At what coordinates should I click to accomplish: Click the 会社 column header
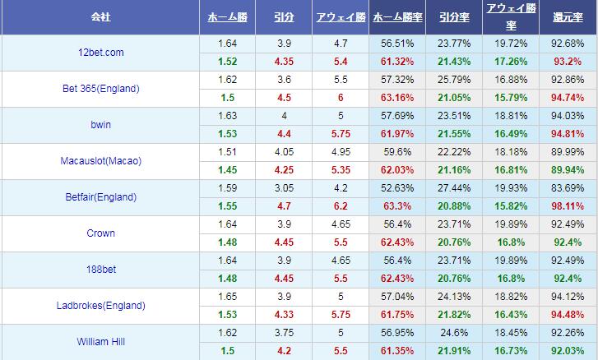pyautogui.click(x=100, y=16)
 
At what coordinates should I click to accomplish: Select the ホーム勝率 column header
pyautogui.click(x=397, y=16)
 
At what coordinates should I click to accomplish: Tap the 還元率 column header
pyautogui.click(x=568, y=16)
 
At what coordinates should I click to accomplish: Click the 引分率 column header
pyautogui.click(x=454, y=16)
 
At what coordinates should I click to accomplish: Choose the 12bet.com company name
pyautogui.click(x=100, y=53)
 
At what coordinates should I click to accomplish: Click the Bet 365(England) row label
pyautogui.click(x=100, y=89)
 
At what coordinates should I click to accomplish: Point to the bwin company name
pyautogui.click(x=100, y=125)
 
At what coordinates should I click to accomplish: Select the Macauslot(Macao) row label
pyautogui.click(x=100, y=161)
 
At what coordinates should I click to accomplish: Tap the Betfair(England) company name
pyautogui.click(x=100, y=197)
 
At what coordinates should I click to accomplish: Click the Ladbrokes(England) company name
pyautogui.click(x=100, y=306)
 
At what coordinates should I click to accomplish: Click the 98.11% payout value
pyautogui.click(x=568, y=205)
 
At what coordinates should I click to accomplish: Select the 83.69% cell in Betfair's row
pyautogui.click(x=568, y=188)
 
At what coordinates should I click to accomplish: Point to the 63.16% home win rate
pyautogui.click(x=397, y=97)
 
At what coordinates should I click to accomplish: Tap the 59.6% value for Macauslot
pyautogui.click(x=397, y=152)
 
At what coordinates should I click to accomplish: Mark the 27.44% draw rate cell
pyautogui.click(x=454, y=188)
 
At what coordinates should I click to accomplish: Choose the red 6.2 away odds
pyautogui.click(x=340, y=205)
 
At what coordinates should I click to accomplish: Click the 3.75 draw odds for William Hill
pyautogui.click(x=284, y=333)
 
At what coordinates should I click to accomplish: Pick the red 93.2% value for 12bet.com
pyautogui.click(x=568, y=61)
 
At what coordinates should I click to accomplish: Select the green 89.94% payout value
pyautogui.click(x=568, y=169)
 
